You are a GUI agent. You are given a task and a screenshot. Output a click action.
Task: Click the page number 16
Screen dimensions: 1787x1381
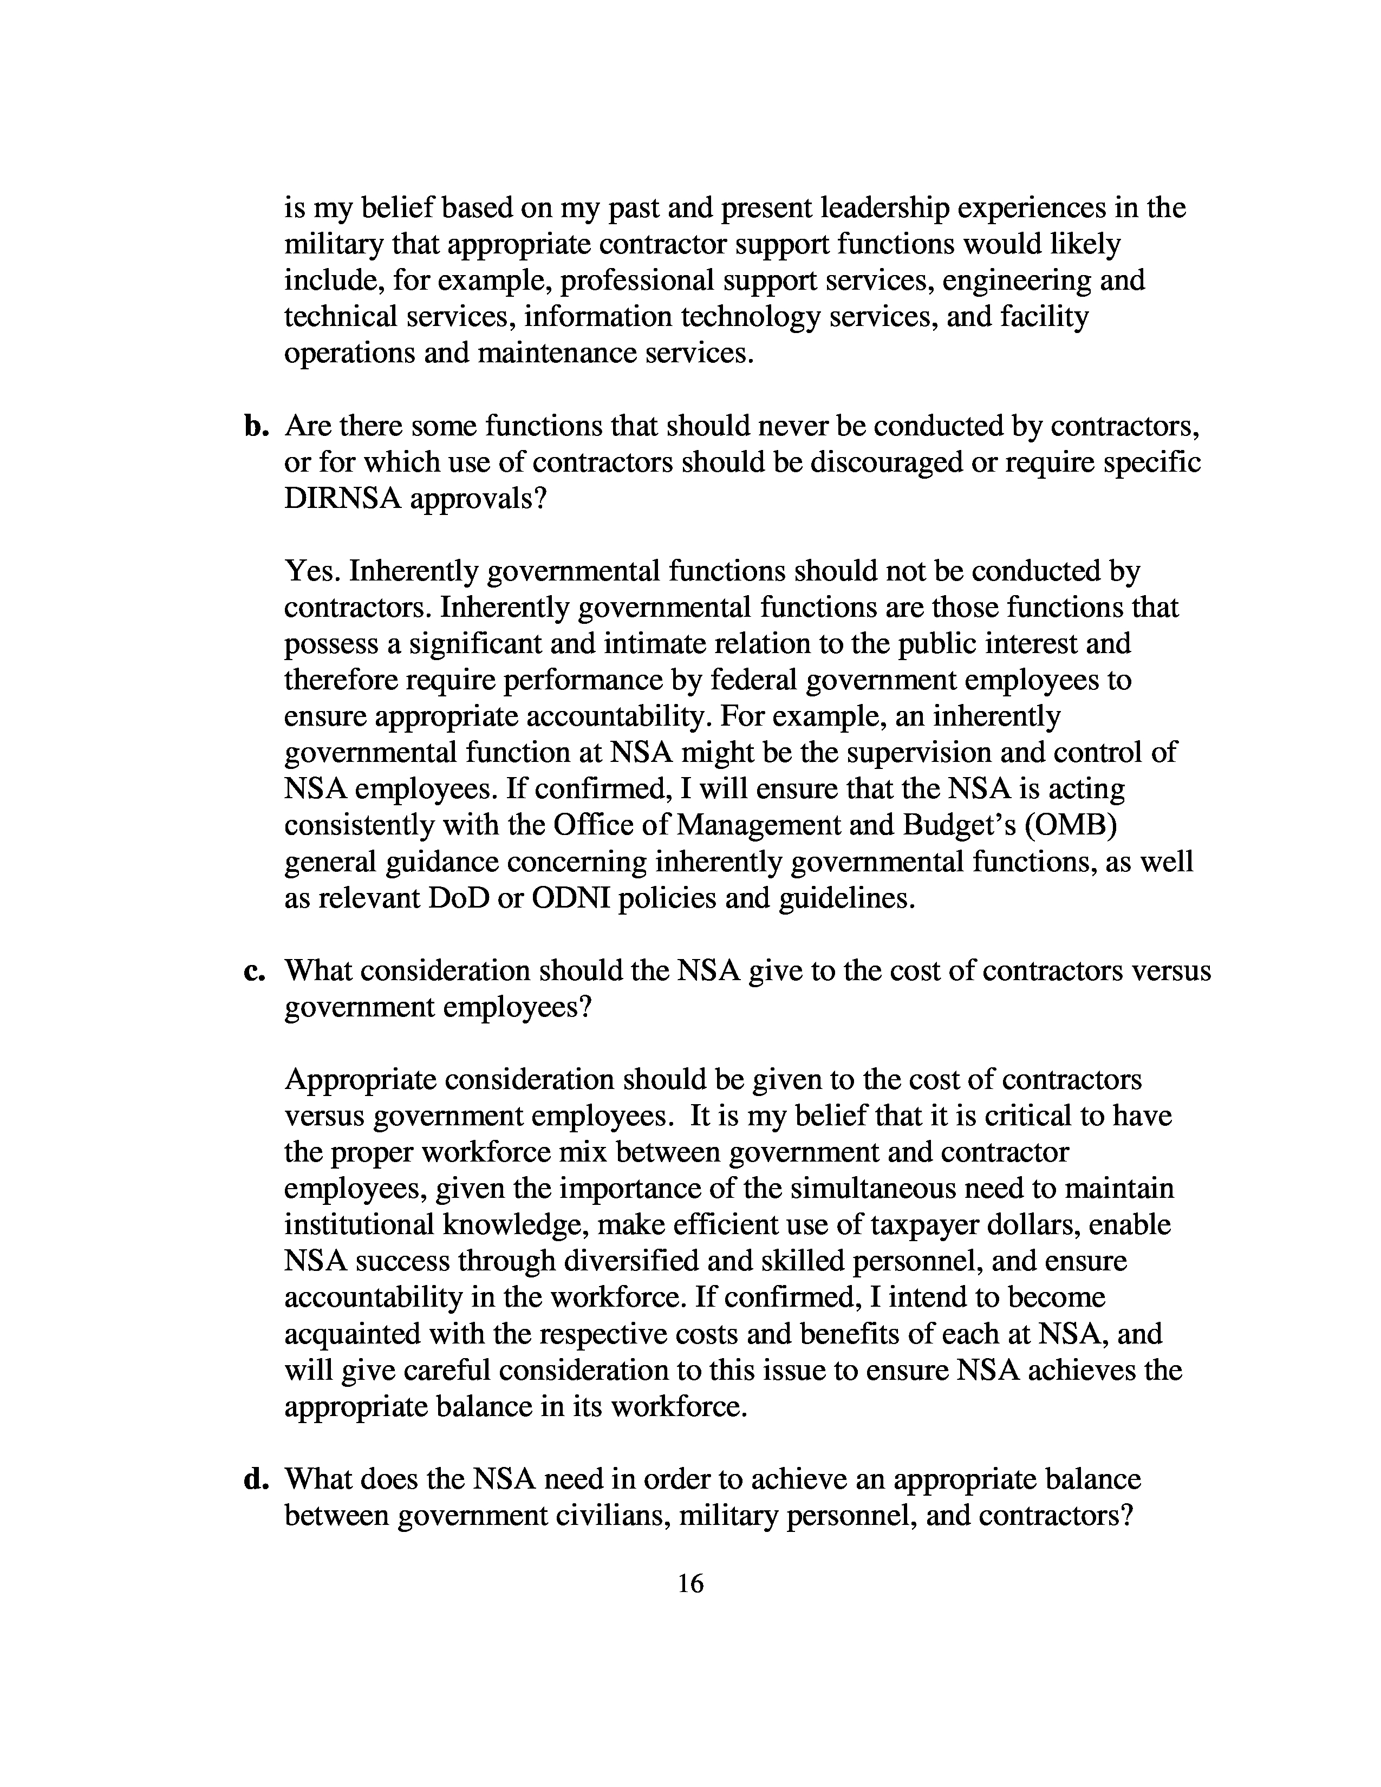tap(691, 1584)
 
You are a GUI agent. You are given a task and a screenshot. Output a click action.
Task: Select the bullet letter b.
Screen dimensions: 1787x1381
tap(256, 426)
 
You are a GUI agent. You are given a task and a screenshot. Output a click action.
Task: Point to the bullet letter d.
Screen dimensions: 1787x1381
tap(256, 1479)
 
